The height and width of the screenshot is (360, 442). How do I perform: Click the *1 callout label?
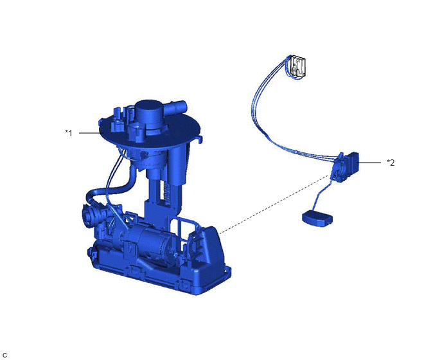(69, 133)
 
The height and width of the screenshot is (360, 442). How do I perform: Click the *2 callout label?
(391, 163)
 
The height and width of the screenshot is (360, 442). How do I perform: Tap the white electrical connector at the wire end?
(298, 66)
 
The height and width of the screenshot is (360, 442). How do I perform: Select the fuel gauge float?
(317, 219)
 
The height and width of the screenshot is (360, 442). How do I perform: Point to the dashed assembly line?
(274, 204)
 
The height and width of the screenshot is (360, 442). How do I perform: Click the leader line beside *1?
(90, 133)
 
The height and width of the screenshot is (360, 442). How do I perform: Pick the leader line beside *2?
(369, 163)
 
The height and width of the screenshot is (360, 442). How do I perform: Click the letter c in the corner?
(4, 355)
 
